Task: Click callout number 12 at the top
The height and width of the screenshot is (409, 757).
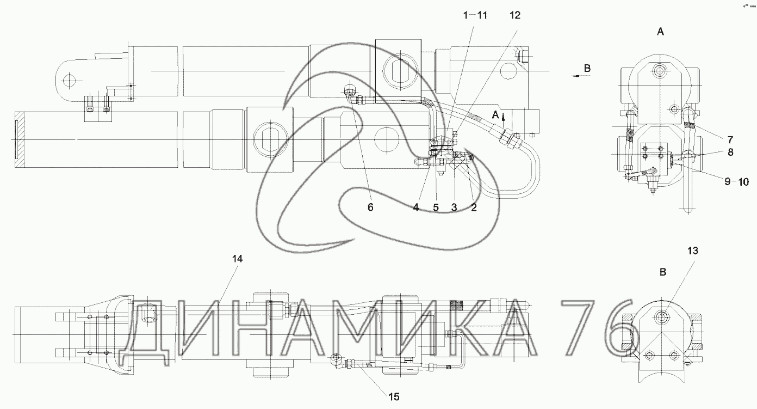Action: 515,15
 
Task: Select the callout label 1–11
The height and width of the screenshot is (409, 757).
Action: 475,15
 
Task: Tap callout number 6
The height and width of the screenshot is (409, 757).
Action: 370,207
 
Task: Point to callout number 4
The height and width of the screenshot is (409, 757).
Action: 416,207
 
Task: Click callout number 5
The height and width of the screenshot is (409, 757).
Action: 436,207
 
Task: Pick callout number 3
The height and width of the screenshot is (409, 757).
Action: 454,207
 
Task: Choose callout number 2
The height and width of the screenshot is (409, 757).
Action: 474,207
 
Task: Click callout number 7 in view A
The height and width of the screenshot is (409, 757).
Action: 730,139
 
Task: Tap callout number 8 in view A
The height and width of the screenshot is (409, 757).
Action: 730,152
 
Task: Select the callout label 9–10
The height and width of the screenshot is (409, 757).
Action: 737,182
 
